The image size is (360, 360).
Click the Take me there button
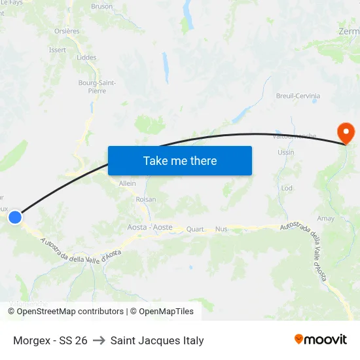pyautogui.click(x=180, y=160)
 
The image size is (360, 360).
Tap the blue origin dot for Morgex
pyautogui.click(x=15, y=217)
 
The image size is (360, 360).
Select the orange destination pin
pyautogui.click(x=345, y=134)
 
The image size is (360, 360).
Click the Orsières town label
pyautogui.click(x=67, y=31)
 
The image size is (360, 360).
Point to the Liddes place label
pyautogui.click(x=86, y=58)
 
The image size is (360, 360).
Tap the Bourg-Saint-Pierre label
pyautogui.click(x=97, y=86)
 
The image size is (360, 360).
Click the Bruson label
pyautogui.click(x=101, y=7)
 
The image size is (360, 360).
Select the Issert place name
pyautogui.click(x=58, y=50)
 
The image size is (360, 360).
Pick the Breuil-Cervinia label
pyautogui.click(x=298, y=96)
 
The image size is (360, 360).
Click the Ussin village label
pyautogui.click(x=286, y=153)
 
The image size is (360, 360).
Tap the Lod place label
pyautogui.click(x=287, y=188)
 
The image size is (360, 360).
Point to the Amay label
pyautogui.click(x=325, y=219)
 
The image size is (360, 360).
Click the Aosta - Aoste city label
pyautogui.click(x=150, y=227)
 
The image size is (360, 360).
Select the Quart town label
pyautogui.click(x=195, y=230)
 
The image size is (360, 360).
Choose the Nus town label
pyautogui.click(x=221, y=229)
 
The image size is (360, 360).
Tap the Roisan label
pyautogui.click(x=145, y=199)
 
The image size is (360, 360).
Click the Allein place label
pyautogui.click(x=128, y=184)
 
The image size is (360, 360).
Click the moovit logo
pyautogui.click(x=321, y=340)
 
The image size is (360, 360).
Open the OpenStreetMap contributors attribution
pyautogui.click(x=70, y=312)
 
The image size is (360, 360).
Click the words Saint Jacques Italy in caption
pyautogui.click(x=157, y=340)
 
